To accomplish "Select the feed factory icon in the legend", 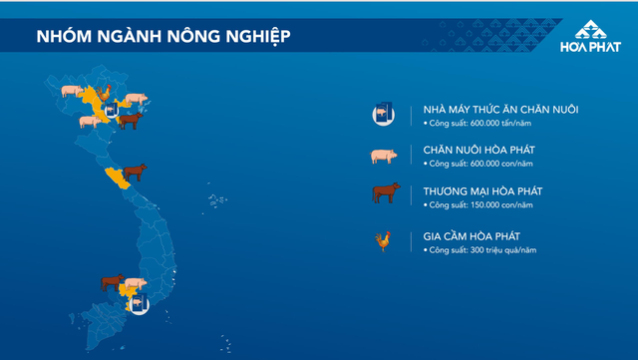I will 383,115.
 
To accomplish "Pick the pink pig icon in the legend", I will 383,156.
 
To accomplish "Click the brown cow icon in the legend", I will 384,194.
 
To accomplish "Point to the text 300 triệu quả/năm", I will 479,248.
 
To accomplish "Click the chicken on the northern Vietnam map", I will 105,94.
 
